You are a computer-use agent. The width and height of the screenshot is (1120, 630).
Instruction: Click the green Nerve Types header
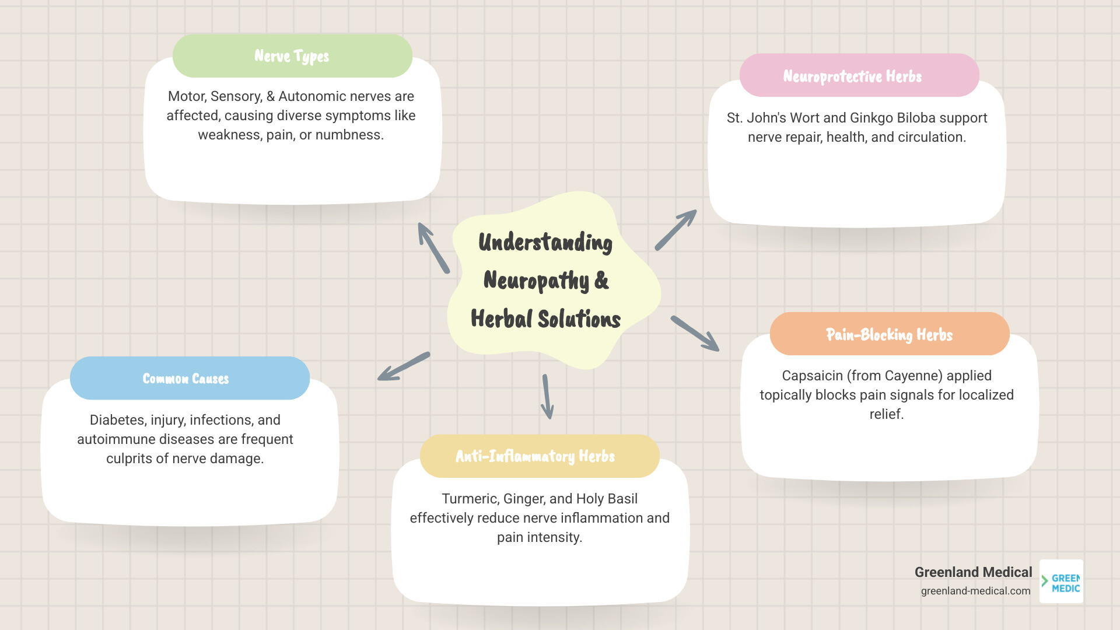click(292, 56)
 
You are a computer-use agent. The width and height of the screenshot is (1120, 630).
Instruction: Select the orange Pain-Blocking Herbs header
click(889, 334)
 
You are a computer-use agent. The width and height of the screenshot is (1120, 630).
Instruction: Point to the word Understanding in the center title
click(545, 243)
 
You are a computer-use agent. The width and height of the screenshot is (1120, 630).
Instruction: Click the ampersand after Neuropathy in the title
click(601, 281)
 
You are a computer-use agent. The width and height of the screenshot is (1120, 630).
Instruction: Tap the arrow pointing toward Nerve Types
click(433, 247)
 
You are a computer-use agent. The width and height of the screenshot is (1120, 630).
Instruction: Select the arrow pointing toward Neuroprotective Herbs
click(676, 230)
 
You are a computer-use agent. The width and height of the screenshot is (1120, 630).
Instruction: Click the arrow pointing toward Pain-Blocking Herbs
click(695, 333)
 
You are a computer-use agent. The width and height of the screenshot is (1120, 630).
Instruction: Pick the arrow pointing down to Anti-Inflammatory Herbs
click(547, 397)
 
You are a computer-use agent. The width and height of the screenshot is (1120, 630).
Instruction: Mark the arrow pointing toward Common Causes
click(403, 367)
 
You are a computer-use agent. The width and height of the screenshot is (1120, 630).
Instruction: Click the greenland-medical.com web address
click(975, 591)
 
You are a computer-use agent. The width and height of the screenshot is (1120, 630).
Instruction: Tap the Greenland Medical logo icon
click(1061, 582)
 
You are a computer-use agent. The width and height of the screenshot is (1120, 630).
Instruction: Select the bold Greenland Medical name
click(973, 572)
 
